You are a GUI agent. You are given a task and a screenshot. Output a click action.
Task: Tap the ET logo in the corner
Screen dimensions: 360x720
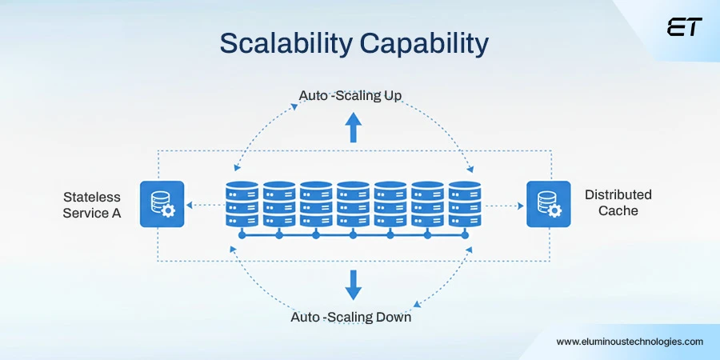pos(684,27)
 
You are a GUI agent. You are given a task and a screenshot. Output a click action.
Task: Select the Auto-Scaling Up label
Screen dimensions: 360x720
pos(350,96)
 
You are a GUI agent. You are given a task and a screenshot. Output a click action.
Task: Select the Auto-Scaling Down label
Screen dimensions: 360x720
pos(350,318)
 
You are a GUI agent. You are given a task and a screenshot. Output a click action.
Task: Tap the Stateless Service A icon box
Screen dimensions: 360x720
pos(162,203)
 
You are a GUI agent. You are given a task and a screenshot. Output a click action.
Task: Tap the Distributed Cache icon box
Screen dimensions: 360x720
pos(549,203)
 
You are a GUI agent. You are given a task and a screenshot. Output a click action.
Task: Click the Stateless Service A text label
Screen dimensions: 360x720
pos(92,205)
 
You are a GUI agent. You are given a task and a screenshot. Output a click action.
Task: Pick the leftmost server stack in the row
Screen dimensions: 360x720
pos(242,203)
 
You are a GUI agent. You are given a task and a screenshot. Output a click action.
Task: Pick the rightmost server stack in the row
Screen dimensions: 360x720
pos(464,203)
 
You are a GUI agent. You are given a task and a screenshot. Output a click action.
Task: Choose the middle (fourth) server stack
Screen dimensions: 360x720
pos(353,203)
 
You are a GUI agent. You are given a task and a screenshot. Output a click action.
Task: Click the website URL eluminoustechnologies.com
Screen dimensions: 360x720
pos(630,341)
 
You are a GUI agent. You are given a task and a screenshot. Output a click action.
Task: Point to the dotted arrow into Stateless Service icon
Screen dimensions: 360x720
pos(200,205)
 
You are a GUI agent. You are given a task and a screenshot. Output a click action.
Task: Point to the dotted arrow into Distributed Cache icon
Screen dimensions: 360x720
pos(505,205)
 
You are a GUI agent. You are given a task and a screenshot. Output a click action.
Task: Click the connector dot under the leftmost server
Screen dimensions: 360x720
pos(242,236)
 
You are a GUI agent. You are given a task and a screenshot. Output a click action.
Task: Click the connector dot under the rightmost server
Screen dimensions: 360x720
pos(464,236)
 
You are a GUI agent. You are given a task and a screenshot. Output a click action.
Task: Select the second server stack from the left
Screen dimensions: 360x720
pos(278,203)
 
